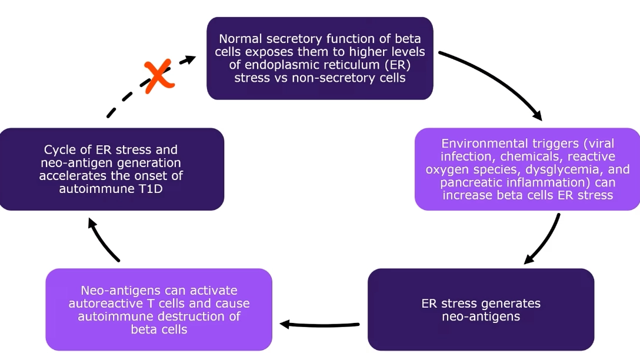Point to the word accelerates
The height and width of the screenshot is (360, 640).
69,176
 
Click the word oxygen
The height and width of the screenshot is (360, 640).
446,169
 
